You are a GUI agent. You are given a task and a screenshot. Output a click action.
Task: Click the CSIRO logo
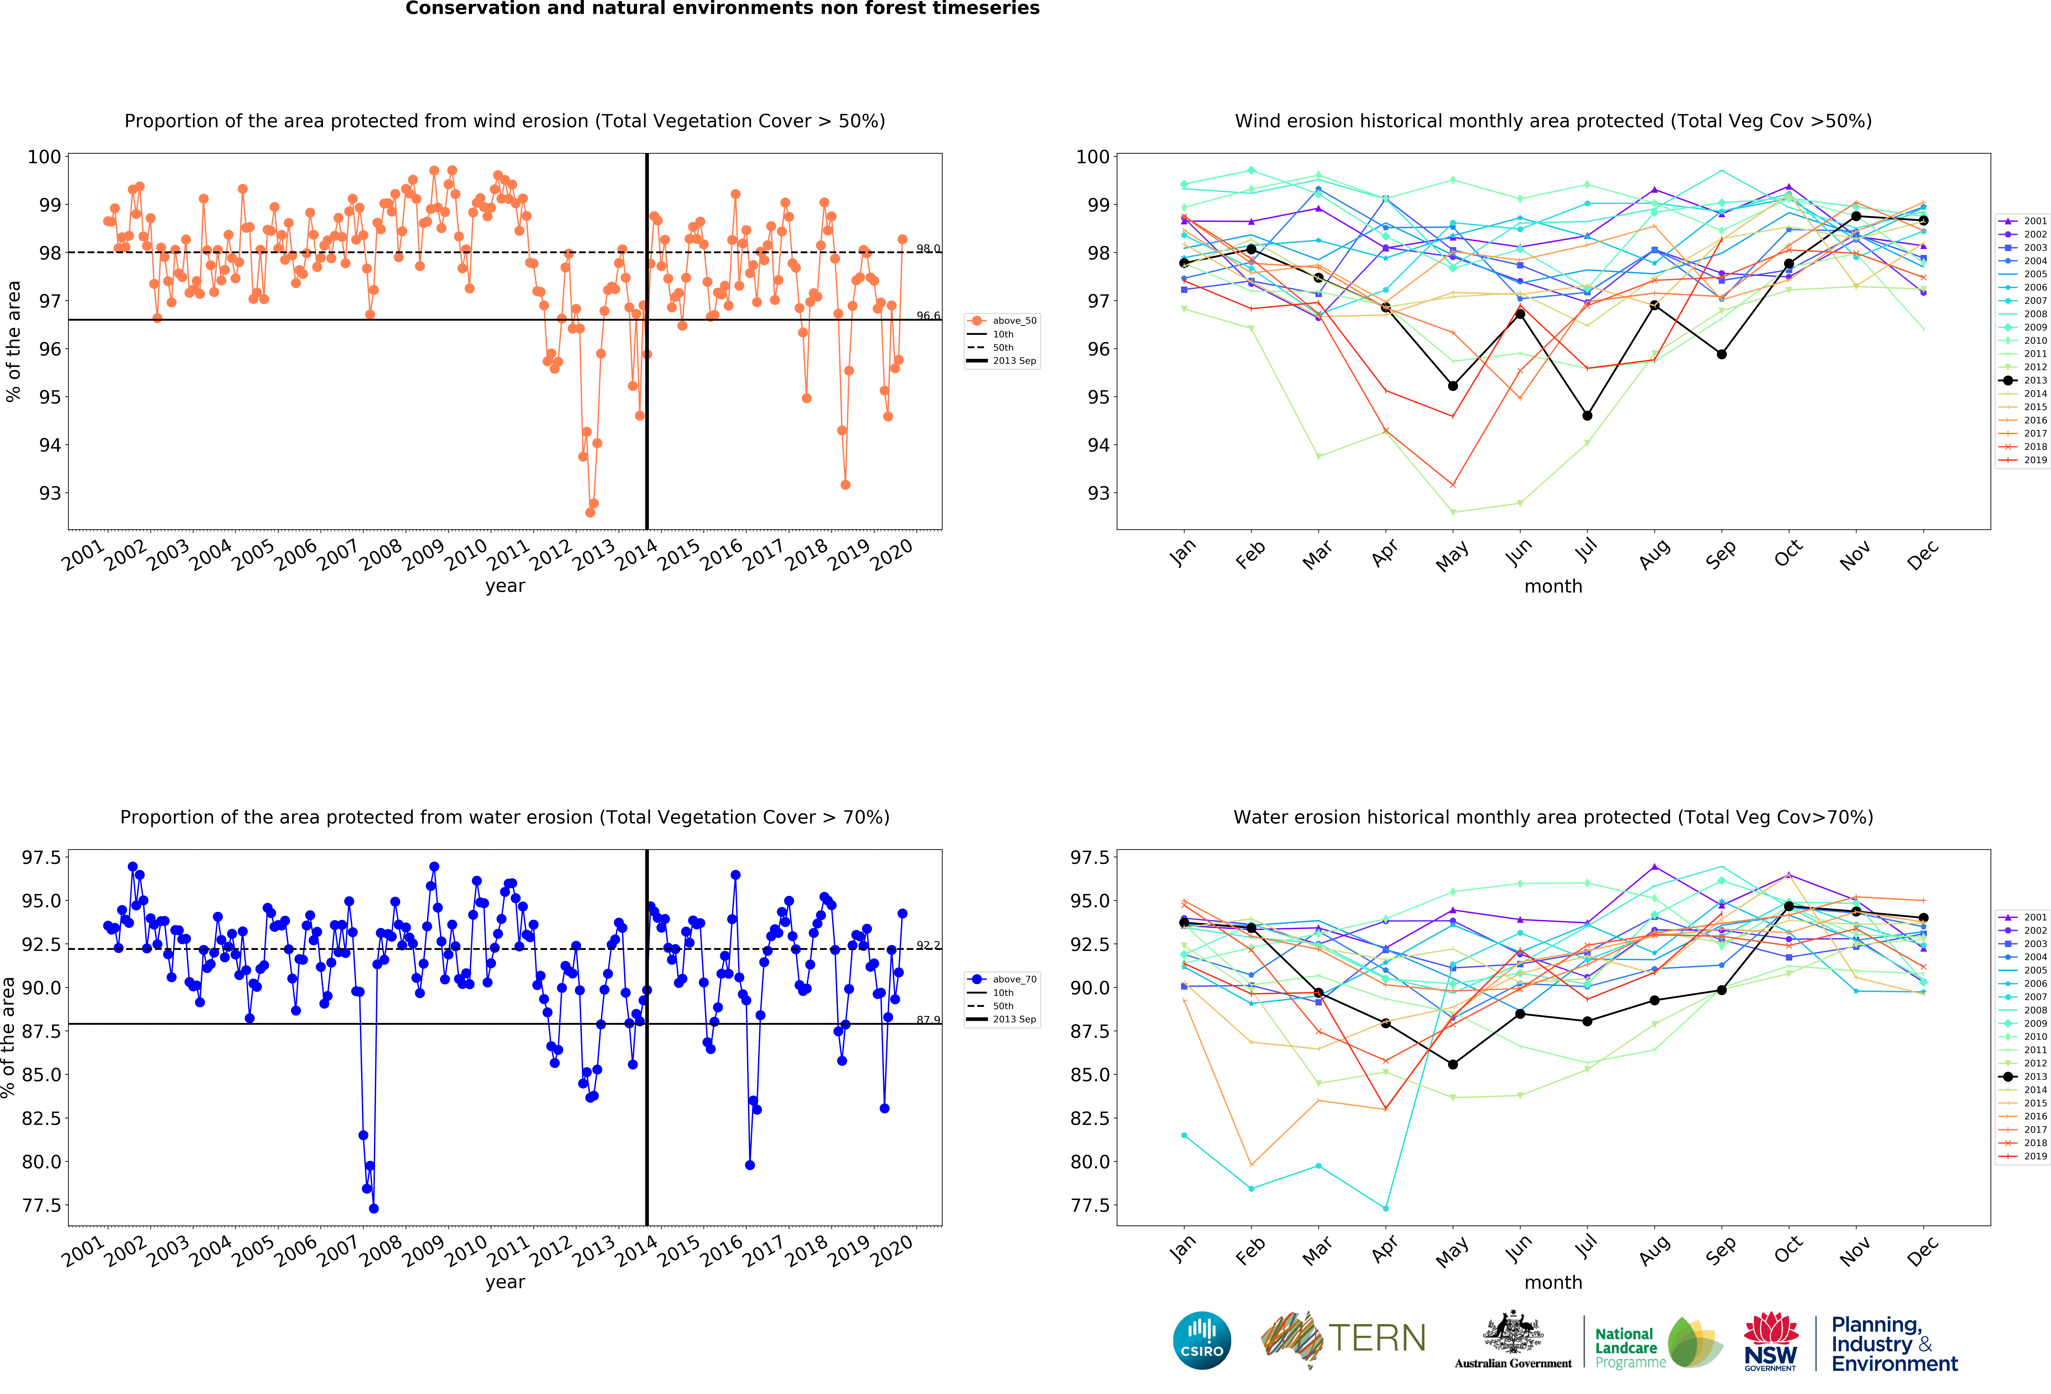tap(1202, 1340)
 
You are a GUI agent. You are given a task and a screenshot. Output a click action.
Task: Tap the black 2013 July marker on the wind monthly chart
tap(1587, 415)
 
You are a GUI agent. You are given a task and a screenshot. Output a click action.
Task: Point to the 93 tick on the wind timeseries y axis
tap(50, 493)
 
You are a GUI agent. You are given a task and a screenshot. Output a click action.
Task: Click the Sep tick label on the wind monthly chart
tap(1720, 554)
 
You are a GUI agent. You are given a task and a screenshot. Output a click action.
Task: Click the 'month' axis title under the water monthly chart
tap(1553, 1282)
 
